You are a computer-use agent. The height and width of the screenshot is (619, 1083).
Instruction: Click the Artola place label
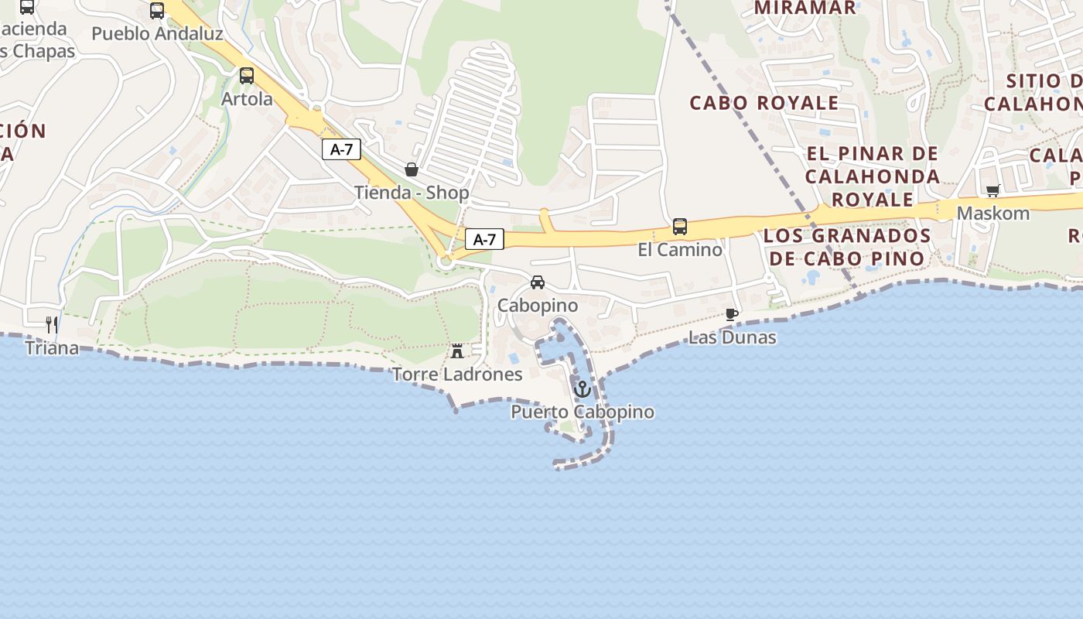coord(247,99)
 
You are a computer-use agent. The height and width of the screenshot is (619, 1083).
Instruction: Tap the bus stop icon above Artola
coord(247,76)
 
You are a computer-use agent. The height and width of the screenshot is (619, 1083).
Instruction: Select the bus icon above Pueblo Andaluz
coord(157,11)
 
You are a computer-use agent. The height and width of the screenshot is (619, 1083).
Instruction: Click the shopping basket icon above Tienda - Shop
coord(412,169)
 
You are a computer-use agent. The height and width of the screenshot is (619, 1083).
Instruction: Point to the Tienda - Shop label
coord(412,193)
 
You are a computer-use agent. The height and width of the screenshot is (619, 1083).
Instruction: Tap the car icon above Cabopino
coord(538,282)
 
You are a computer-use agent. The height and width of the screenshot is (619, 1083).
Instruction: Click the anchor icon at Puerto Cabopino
coord(582,388)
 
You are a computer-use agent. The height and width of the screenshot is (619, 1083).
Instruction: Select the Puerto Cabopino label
coord(582,412)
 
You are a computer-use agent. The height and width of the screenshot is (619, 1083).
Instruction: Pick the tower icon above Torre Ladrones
coord(457,351)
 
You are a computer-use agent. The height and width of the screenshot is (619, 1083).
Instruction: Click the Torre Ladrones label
coord(457,374)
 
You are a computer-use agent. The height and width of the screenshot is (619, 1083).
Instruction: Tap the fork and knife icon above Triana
coord(52,324)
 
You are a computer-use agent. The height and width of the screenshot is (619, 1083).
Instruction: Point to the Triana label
coord(52,348)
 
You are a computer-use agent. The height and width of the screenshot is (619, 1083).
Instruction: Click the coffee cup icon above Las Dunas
coord(732,314)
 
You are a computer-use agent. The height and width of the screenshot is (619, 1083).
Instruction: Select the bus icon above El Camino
coord(680,226)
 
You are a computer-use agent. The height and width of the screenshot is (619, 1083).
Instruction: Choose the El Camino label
coord(680,250)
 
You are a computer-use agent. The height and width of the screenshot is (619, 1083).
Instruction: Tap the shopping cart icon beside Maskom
coord(993,190)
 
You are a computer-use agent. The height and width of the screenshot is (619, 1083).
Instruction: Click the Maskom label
coord(993,213)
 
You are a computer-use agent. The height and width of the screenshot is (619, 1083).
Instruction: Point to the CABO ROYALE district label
coord(764,103)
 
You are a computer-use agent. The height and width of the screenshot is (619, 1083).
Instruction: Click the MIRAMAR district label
coord(805,9)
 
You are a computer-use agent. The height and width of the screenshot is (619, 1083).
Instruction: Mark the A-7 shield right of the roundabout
coord(484,240)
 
